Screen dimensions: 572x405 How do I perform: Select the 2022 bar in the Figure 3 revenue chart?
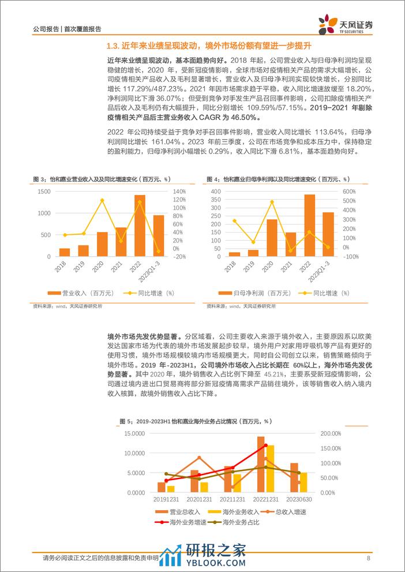click(x=140, y=225)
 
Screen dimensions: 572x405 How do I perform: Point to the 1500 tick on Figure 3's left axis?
click(x=44, y=192)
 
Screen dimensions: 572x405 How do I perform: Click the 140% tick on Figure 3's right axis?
click(x=179, y=192)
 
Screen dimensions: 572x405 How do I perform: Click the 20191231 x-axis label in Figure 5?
click(x=166, y=499)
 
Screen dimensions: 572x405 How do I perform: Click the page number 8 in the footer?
click(x=368, y=558)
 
